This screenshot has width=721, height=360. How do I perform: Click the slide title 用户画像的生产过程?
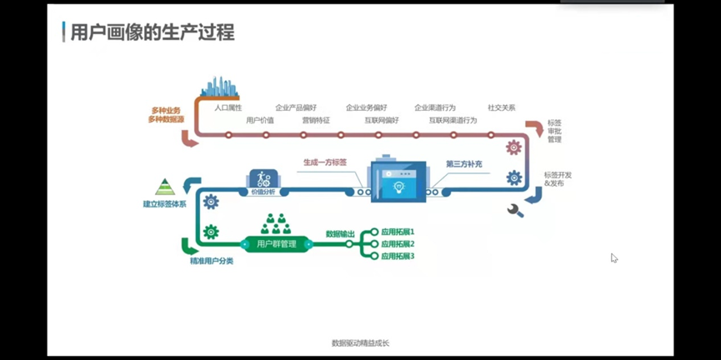[153, 32]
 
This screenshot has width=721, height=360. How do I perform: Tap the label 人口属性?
[228, 108]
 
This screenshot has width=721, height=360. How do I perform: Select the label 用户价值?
[260, 121]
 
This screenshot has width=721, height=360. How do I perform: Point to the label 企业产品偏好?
[296, 108]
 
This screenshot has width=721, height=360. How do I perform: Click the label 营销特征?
[316, 121]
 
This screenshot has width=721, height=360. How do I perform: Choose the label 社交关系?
[502, 108]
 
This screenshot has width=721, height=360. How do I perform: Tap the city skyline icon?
[219, 87]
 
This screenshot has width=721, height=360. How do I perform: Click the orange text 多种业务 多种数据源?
[166, 115]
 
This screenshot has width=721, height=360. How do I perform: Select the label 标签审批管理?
[554, 131]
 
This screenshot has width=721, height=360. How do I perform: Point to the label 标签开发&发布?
[558, 179]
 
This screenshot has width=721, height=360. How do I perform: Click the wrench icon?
[516, 211]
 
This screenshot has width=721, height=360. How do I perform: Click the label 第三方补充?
[463, 165]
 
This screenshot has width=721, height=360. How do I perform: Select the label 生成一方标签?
[325, 162]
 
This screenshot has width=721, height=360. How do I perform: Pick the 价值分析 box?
[263, 183]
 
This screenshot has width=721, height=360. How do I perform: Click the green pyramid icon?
[165, 187]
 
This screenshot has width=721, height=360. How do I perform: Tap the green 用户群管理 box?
[277, 244]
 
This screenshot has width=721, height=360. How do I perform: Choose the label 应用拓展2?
[398, 244]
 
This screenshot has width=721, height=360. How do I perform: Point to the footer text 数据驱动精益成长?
[360, 343]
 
